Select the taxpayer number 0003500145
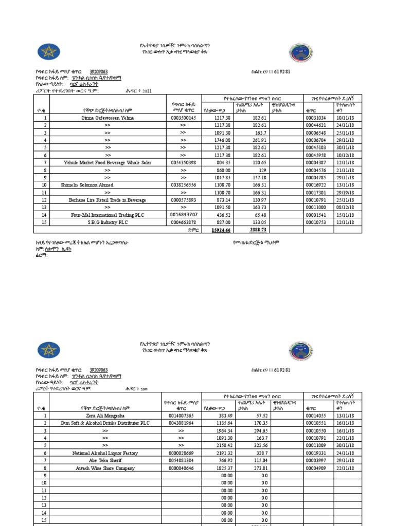tap(183, 118)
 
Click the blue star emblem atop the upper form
tap(49, 52)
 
